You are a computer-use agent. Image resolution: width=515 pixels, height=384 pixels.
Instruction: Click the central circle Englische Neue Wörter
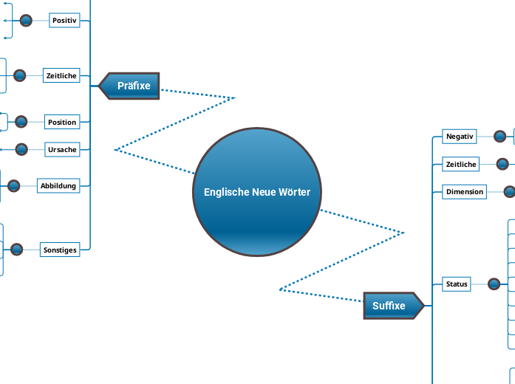point(256,192)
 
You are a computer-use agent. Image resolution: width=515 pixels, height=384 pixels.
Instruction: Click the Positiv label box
point(64,21)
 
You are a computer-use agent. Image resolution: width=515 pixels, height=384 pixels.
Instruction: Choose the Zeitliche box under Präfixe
point(61,75)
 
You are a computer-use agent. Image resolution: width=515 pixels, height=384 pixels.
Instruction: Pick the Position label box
point(62,122)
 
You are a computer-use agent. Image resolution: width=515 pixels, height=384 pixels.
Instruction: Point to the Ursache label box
point(62,149)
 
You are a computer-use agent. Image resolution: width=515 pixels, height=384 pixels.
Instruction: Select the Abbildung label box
point(58,185)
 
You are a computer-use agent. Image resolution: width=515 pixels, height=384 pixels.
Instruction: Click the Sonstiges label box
point(60,250)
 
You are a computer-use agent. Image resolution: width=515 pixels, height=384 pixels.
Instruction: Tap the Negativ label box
point(459,136)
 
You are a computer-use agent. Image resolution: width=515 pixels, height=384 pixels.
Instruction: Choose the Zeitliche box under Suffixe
point(461,164)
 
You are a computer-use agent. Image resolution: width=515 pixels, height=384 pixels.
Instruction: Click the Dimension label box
point(465,192)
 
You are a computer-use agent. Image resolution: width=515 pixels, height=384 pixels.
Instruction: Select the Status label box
point(457,284)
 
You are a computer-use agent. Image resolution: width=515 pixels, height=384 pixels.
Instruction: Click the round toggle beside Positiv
point(26,21)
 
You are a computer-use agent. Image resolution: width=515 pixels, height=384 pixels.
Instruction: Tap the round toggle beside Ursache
point(22,149)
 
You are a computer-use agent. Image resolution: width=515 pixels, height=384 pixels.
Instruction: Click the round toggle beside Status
point(495,284)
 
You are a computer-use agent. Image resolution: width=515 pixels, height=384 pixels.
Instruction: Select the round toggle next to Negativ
point(500,136)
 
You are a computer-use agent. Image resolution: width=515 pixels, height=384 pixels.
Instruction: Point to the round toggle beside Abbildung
point(14,186)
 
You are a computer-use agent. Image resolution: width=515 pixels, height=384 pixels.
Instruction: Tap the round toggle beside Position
point(21,122)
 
